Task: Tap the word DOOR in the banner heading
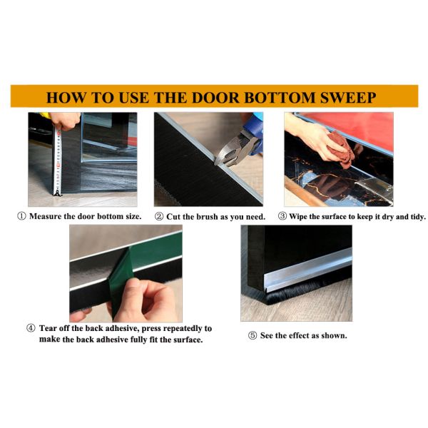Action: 215,98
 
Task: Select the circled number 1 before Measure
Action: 21,216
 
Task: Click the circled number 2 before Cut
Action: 159,217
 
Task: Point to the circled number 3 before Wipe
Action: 282,216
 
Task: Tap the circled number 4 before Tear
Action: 31,328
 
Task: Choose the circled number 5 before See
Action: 253,335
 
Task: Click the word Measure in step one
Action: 46,216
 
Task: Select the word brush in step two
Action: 208,217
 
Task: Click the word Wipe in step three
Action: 298,216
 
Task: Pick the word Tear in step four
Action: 48,328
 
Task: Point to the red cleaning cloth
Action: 341,149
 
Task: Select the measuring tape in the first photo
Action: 58,162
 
